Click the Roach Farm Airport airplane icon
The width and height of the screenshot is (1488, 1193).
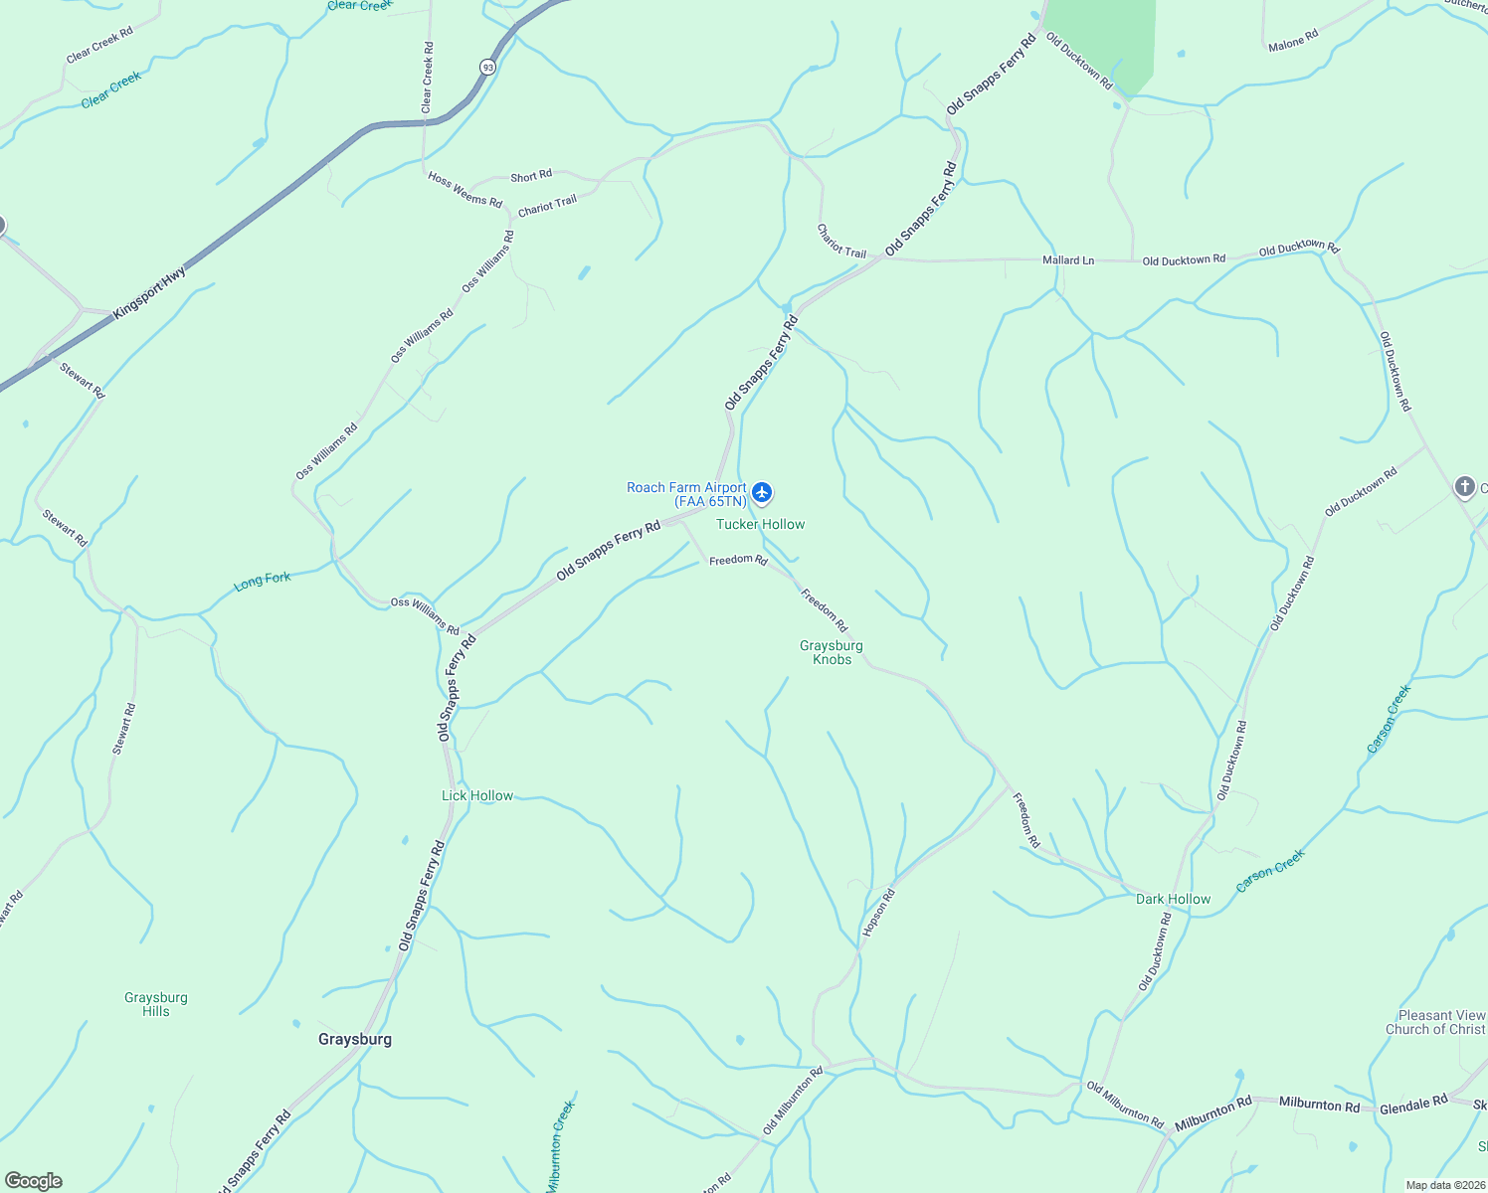click(x=762, y=492)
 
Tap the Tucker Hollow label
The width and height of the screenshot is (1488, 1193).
click(x=760, y=524)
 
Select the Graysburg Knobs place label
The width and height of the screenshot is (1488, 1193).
click(x=832, y=652)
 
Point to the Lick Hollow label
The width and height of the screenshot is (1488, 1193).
click(x=477, y=795)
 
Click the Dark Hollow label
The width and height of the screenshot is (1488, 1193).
click(x=1173, y=899)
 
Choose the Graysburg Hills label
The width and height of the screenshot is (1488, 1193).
click(x=156, y=1004)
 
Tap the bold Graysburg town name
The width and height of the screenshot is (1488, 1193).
click(x=355, y=1039)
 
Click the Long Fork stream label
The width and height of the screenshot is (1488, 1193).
click(x=263, y=581)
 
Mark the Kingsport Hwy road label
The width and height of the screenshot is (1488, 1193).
click(x=149, y=292)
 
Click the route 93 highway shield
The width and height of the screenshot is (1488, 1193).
click(x=486, y=68)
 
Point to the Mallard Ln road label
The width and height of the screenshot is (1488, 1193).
click(x=1068, y=260)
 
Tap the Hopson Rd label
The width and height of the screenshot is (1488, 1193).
click(x=878, y=912)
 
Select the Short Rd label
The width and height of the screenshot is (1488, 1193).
click(x=531, y=176)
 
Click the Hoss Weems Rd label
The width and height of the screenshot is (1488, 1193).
click(x=465, y=189)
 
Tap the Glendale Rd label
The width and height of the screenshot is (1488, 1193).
click(x=1413, y=1105)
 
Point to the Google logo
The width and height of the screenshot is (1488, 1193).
click(x=33, y=1181)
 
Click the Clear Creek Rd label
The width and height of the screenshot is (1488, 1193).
click(x=428, y=77)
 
